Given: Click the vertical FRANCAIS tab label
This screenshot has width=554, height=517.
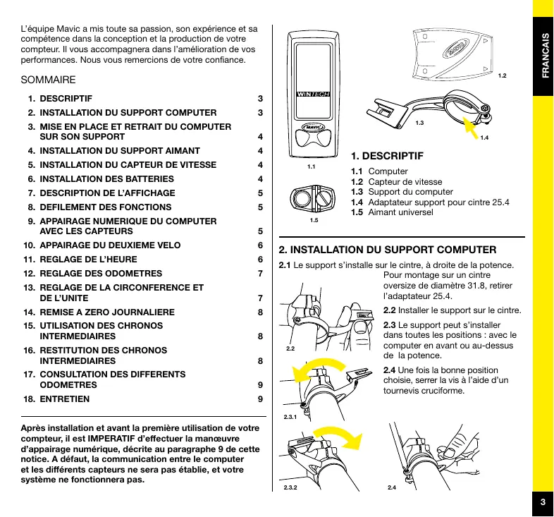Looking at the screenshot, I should point(543,56).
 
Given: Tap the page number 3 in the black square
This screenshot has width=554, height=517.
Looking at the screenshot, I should point(543,502).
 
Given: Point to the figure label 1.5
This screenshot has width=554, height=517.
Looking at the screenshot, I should point(314,221).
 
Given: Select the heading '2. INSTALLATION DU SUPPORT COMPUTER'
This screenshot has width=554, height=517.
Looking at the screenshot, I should point(388,250).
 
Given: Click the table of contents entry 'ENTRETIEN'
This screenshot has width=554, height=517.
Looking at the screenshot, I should point(65,399).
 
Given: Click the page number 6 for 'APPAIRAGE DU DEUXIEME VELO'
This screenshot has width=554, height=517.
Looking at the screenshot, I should point(260,245).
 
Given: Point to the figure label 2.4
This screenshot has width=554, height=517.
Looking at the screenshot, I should point(392,487).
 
